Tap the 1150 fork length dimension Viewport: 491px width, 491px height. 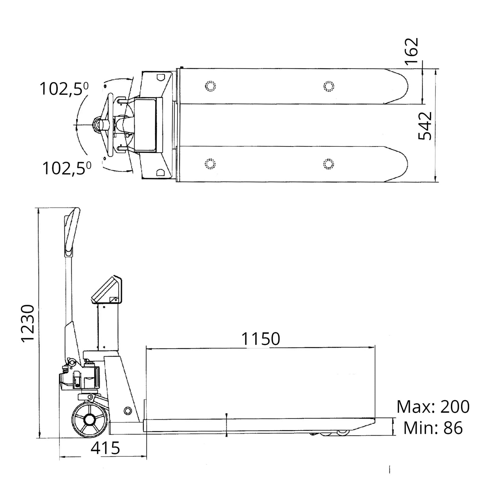tap(261, 339)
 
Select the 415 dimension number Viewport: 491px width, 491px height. tap(105, 448)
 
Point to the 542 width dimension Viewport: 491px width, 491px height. tap(425, 126)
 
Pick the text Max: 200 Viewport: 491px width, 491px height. tap(433, 407)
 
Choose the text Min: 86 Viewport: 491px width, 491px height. tap(433, 428)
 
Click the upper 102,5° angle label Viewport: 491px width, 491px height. tap(64, 89)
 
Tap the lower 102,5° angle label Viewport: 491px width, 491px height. tap(67, 168)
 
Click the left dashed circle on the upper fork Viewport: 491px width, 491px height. tap(211, 86)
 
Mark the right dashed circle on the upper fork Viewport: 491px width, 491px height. tap(328, 86)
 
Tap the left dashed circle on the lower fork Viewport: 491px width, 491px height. tap(211, 164)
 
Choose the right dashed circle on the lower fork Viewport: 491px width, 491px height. tap(328, 164)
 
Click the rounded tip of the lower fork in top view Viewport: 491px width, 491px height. tap(401, 163)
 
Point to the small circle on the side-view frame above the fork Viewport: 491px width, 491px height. tap(127, 410)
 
